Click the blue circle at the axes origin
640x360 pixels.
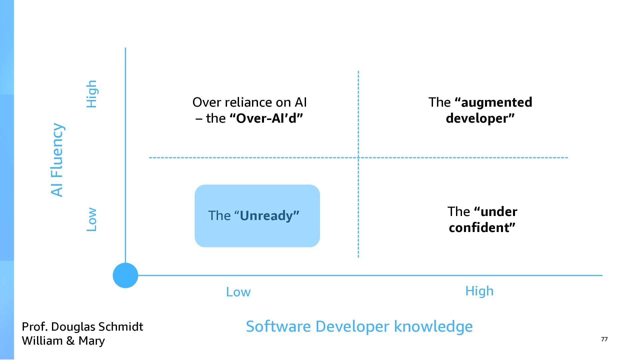[x=125, y=275]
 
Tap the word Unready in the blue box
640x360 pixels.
[x=269, y=216]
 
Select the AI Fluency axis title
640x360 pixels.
[x=57, y=160]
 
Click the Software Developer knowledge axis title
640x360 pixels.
[x=359, y=326]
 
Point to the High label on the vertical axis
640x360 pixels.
[x=92, y=94]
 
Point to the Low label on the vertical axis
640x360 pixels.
[x=92, y=220]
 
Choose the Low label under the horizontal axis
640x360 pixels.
[x=238, y=292]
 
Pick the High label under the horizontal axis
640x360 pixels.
[x=479, y=291]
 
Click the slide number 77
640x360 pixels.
[x=604, y=339]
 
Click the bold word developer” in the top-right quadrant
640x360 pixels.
[x=480, y=118]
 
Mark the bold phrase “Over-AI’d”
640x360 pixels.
[x=266, y=118]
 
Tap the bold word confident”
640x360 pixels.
[x=482, y=228]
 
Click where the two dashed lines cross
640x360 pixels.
[x=358, y=158]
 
